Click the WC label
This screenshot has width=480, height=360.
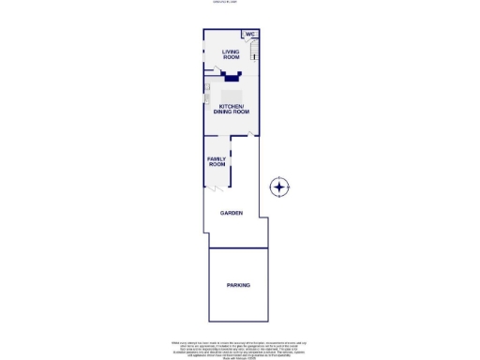[250, 35]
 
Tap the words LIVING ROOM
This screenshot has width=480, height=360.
[231, 54]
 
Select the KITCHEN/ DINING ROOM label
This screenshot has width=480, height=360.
[232, 110]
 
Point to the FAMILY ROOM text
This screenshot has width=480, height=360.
[217, 162]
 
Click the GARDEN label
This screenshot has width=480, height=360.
[232, 214]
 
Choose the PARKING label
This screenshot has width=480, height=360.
[238, 284]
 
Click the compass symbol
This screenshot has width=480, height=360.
[279, 187]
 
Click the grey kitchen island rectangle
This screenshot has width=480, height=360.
[232, 95]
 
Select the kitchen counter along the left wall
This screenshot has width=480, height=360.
[206, 94]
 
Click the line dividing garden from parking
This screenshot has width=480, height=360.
[238, 247]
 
